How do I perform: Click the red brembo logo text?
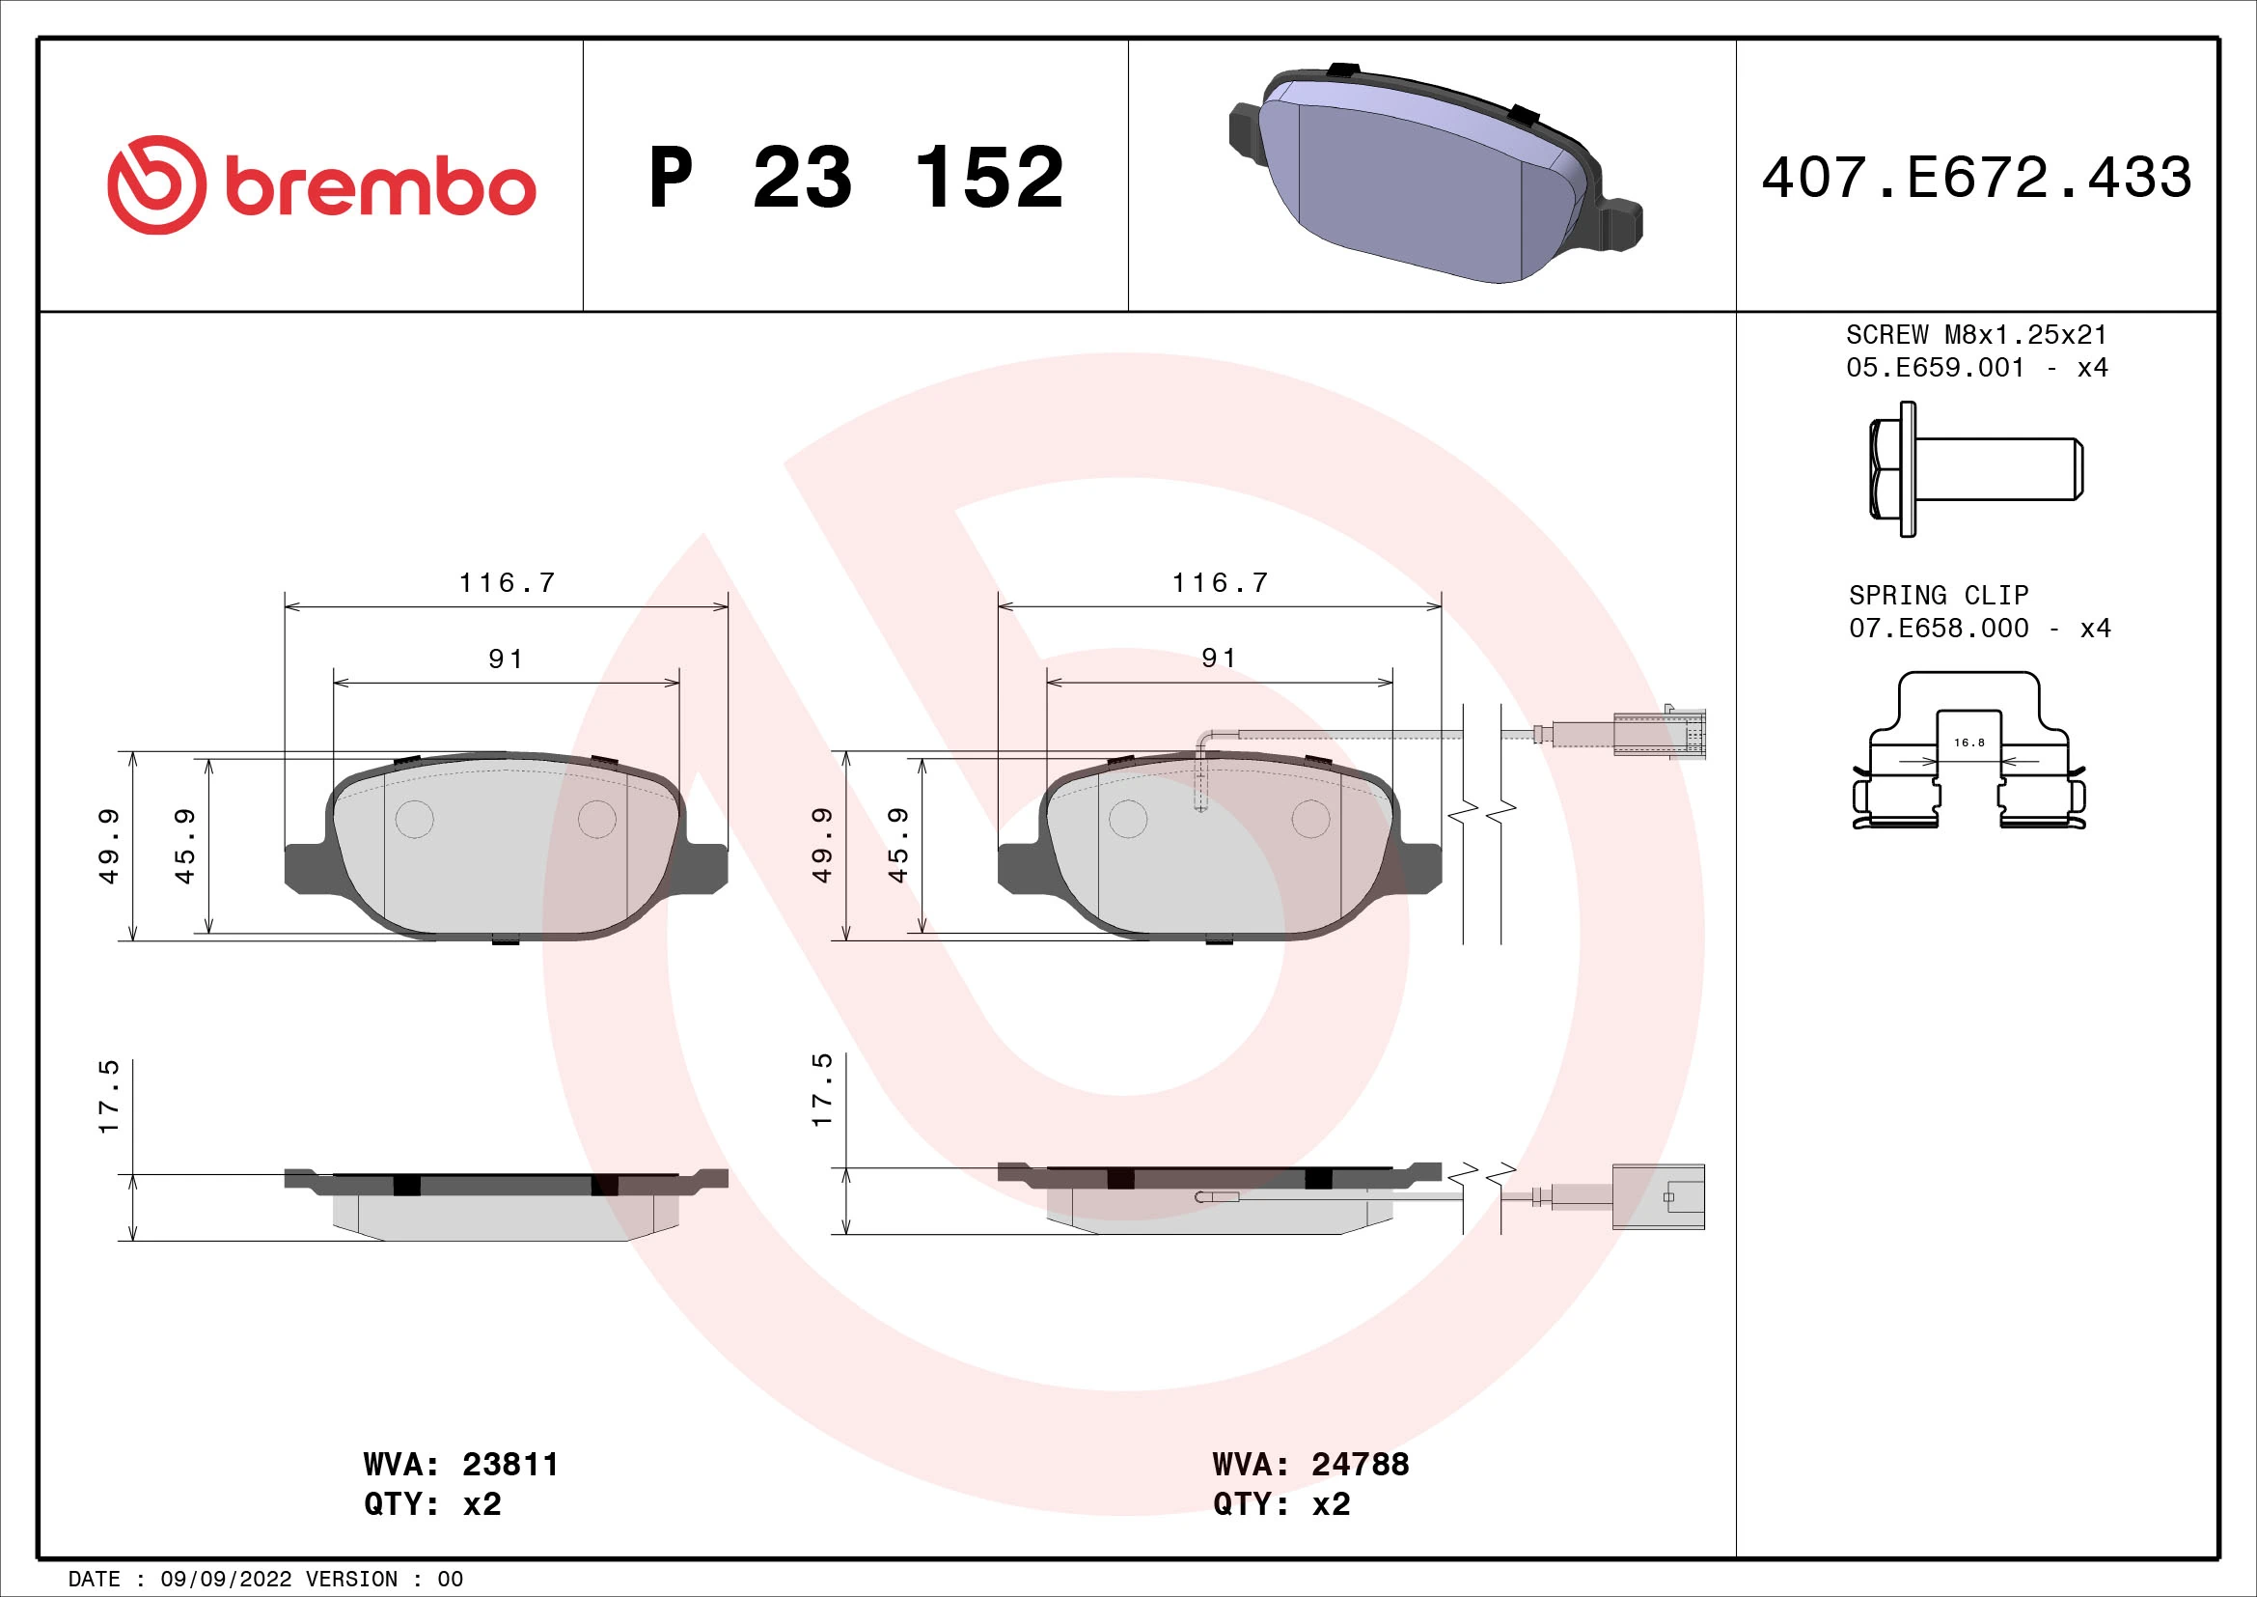pyautogui.click(x=379, y=187)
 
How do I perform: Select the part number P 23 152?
pyautogui.click(x=855, y=178)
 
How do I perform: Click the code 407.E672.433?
pyautogui.click(x=1976, y=178)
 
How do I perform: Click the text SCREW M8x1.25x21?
pyautogui.click(x=1976, y=334)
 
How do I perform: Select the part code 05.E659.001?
pyautogui.click(x=1935, y=368)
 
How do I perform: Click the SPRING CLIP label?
pyautogui.click(x=1938, y=595)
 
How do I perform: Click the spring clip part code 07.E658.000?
pyautogui.click(x=1938, y=629)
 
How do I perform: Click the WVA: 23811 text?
pyautogui.click(x=460, y=1465)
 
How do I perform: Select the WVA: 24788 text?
pyautogui.click(x=1310, y=1465)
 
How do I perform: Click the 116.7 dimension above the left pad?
pyautogui.click(x=508, y=583)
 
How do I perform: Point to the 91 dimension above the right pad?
pyautogui.click(x=1219, y=658)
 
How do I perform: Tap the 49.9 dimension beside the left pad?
pyautogui.click(x=108, y=846)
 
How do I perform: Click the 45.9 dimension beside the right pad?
pyautogui.click(x=897, y=846)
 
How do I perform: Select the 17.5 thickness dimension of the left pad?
pyautogui.click(x=108, y=1097)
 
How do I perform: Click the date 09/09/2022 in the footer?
pyautogui.click(x=225, y=1580)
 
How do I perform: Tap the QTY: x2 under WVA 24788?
pyautogui.click(x=1280, y=1504)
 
